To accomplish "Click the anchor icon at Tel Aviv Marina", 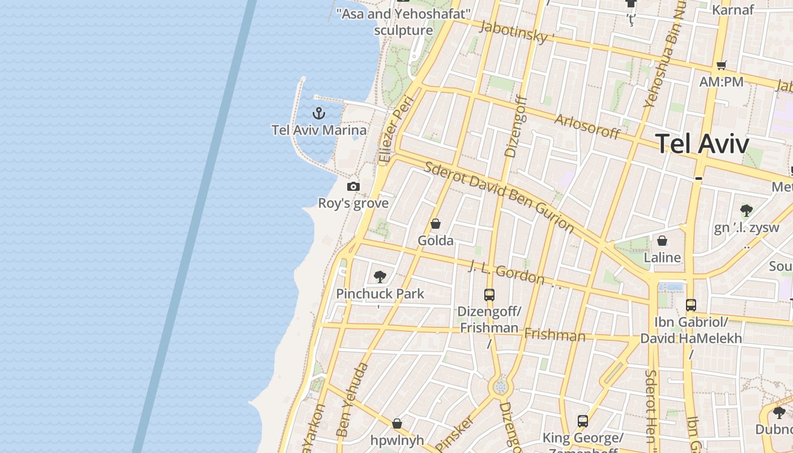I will tap(319, 113).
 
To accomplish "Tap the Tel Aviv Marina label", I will tap(319, 130).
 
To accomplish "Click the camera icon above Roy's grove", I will tap(353, 186).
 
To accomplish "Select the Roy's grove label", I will tap(353, 203).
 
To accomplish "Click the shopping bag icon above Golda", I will tap(436, 224).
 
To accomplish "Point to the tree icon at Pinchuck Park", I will tap(380, 277).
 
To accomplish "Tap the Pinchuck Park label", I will tap(380, 294).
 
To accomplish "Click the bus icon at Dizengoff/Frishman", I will tap(489, 294).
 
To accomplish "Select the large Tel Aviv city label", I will tap(702, 144).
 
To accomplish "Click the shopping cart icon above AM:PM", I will tap(721, 65).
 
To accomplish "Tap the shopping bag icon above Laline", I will tap(662, 241).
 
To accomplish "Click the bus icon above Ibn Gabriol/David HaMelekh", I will tap(690, 305).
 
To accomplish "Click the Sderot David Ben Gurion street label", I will tap(499, 196).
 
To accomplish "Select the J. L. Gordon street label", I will tap(507, 272).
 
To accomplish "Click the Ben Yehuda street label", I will tap(352, 400).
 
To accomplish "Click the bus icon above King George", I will tap(583, 421).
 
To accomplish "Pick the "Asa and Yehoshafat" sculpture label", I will tap(404, 22).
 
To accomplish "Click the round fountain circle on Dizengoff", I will tap(500, 387).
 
